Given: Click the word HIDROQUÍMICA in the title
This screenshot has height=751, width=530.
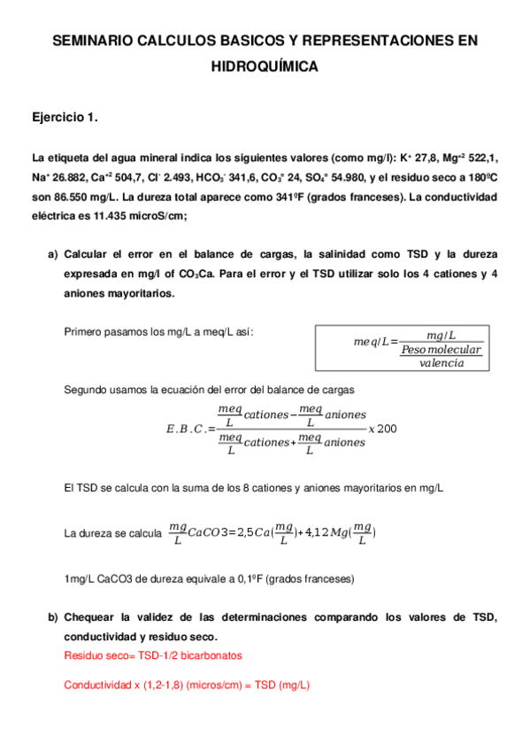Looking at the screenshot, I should click(x=265, y=66).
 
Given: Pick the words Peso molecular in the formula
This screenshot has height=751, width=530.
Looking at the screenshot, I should click(x=440, y=350).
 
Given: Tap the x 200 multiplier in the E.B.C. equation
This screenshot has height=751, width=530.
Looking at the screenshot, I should click(x=382, y=429).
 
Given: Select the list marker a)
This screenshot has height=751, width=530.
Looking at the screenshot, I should click(x=52, y=255).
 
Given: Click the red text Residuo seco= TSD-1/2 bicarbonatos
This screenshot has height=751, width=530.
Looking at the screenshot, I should click(x=153, y=655).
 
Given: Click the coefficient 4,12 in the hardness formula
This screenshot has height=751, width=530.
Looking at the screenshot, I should click(x=317, y=532).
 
